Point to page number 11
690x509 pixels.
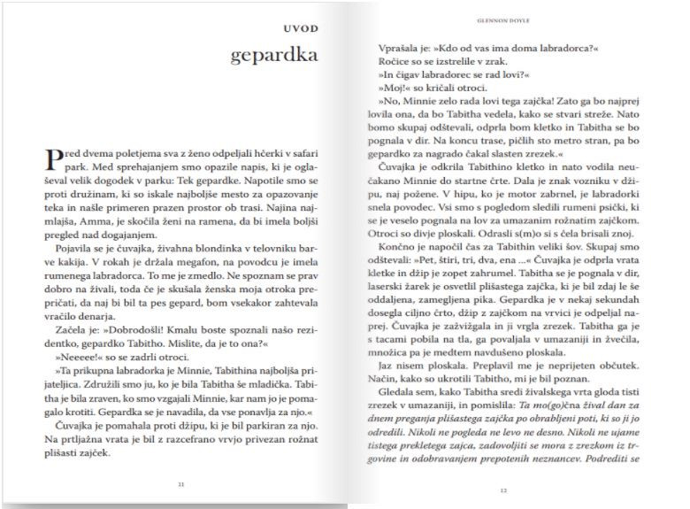[180, 485]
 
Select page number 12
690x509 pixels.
[501, 490]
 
